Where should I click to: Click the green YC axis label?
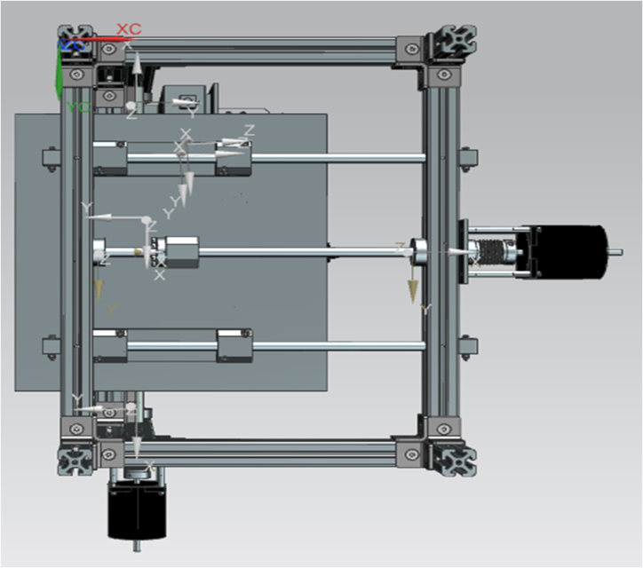click(x=78, y=107)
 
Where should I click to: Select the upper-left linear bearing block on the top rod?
click(x=110, y=158)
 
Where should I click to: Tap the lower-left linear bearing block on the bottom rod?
click(x=110, y=345)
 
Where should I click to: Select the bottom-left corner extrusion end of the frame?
click(x=74, y=461)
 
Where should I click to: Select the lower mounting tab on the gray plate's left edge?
click(x=51, y=345)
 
